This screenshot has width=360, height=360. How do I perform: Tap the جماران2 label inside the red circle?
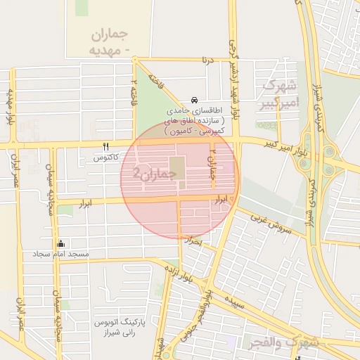pyautogui.click(x=151, y=172)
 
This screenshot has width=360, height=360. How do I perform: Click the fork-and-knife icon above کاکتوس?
pyautogui.click(x=105, y=147)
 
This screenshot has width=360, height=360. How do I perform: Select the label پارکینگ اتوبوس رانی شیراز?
pyautogui.click(x=119, y=328)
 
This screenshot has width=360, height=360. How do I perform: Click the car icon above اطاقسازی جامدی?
pyautogui.click(x=193, y=101)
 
